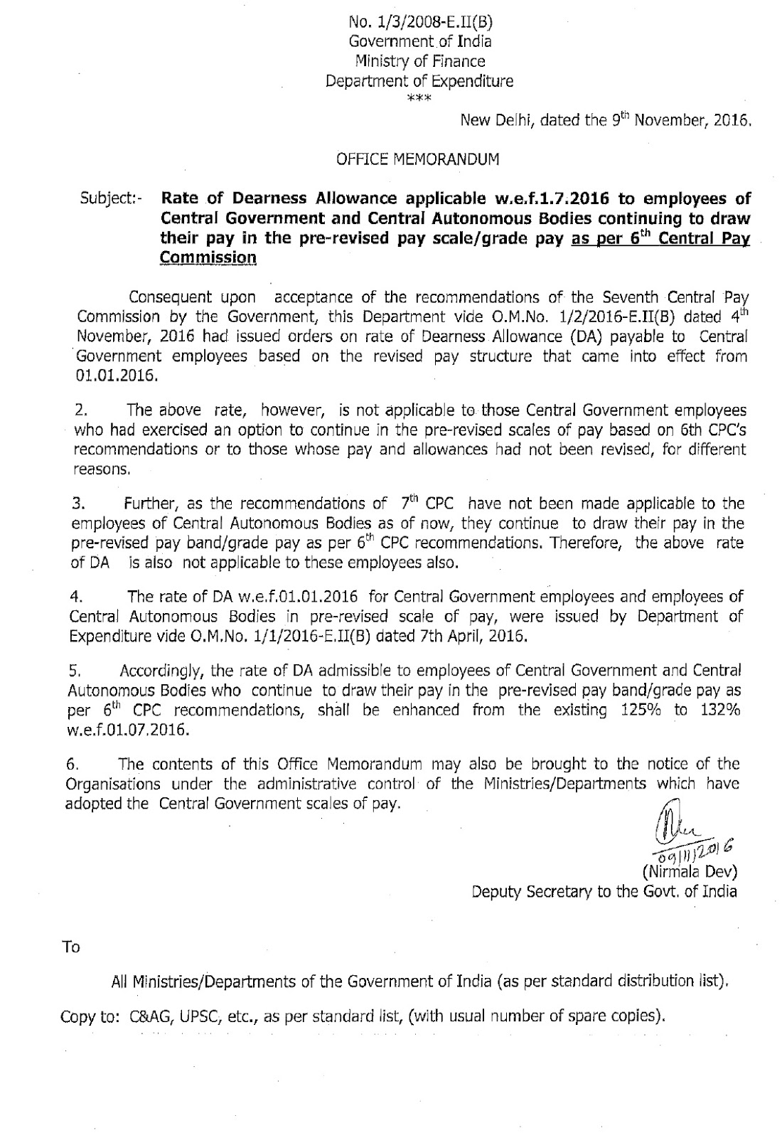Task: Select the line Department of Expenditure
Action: click(419, 80)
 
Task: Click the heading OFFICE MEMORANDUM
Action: click(417, 159)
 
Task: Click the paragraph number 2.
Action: click(80, 410)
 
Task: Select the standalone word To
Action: click(73, 947)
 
